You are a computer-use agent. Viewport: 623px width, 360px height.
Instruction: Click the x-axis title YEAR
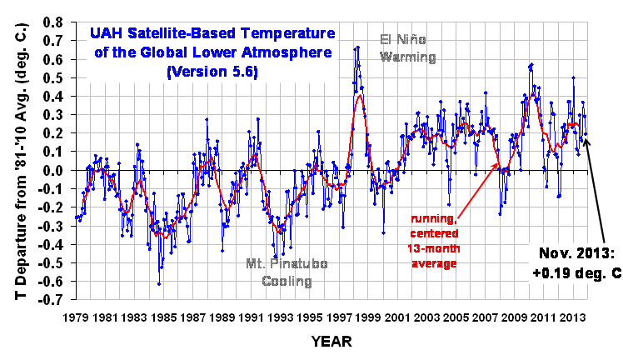coord(331,342)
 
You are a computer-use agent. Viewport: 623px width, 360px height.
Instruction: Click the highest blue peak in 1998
coord(357,47)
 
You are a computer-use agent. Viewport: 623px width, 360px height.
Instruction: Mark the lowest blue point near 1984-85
coord(158,284)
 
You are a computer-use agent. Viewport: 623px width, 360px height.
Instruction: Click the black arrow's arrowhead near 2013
coord(586,138)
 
